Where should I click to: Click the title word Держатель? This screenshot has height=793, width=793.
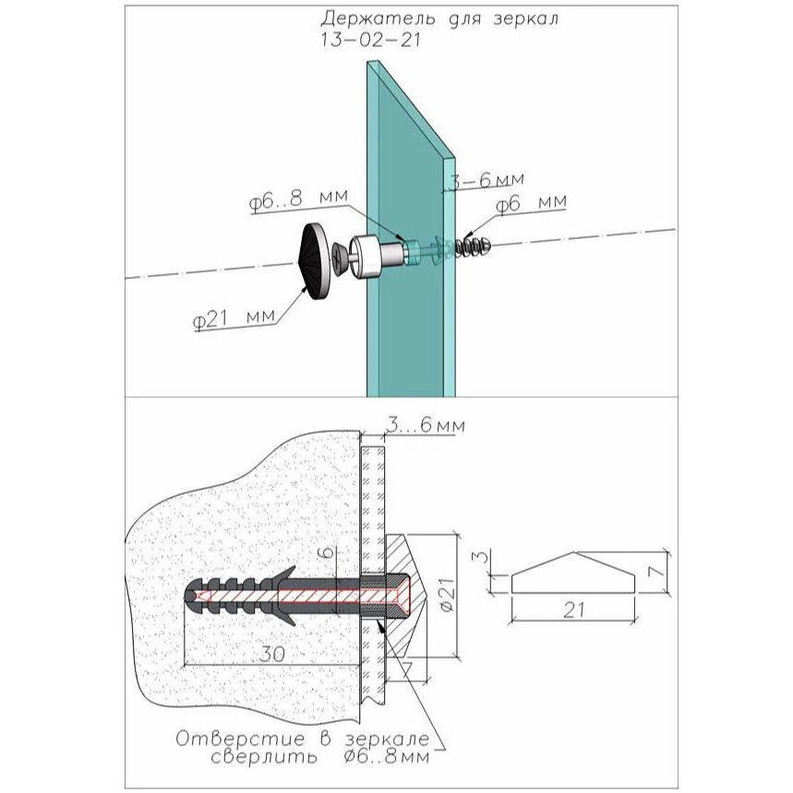(x=378, y=18)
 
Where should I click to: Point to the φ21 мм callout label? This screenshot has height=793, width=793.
(x=235, y=319)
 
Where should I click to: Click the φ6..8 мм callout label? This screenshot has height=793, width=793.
(x=298, y=200)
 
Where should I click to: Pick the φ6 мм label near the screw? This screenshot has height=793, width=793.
(x=531, y=203)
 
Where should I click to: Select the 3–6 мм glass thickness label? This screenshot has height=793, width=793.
(x=487, y=179)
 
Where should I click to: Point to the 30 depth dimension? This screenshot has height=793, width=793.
(x=272, y=655)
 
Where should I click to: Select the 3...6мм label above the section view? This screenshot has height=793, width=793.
(x=425, y=426)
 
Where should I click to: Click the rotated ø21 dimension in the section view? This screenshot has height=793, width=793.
(x=448, y=595)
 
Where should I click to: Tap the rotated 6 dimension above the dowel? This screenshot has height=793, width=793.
(x=329, y=551)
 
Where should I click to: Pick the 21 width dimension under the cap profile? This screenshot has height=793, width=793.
(x=574, y=610)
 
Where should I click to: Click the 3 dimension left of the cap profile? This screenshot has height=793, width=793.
(x=483, y=558)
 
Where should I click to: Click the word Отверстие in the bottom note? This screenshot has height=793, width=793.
(x=240, y=739)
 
